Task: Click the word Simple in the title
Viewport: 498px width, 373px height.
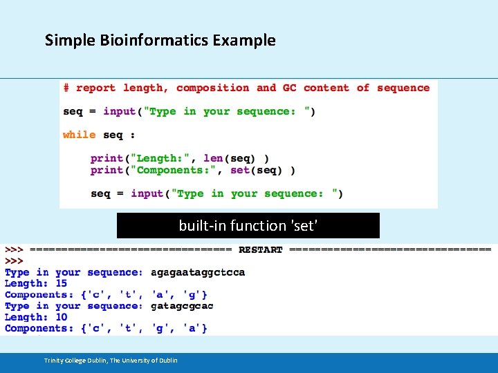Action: point(68,40)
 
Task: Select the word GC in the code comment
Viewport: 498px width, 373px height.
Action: point(289,88)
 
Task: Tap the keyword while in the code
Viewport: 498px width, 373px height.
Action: point(79,135)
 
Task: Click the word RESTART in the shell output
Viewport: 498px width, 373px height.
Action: point(261,249)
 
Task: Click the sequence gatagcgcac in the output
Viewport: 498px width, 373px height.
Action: point(182,306)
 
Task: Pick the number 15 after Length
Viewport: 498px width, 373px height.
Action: point(62,283)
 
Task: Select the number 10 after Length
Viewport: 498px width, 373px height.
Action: point(62,317)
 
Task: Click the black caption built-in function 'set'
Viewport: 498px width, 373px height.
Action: point(248,225)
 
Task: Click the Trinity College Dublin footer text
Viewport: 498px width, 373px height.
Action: point(111,360)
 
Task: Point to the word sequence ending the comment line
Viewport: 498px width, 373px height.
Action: point(403,88)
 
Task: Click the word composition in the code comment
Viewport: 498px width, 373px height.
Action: point(212,88)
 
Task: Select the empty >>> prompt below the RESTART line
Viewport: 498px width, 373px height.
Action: point(14,261)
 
